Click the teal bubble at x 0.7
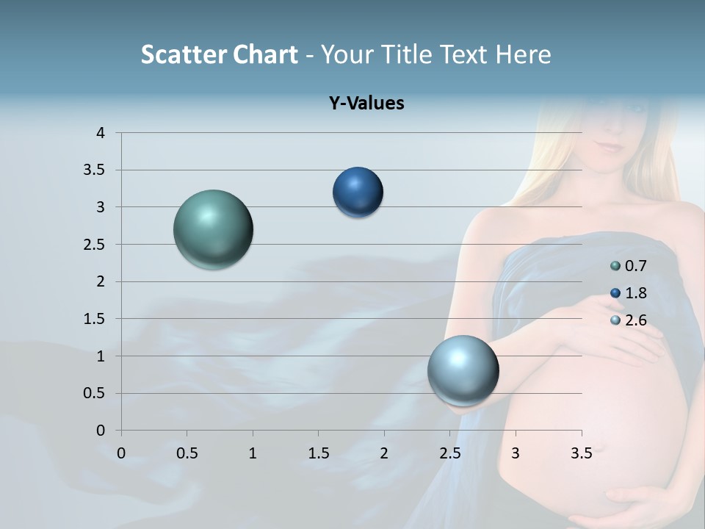pos(214,229)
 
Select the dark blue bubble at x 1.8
pos(358,192)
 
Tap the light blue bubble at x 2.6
pos(463,370)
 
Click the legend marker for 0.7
pos(615,266)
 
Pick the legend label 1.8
pos(636,293)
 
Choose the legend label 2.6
pos(636,320)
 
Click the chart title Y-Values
pos(366,104)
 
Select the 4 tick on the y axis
pos(101,133)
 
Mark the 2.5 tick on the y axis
pos(95,245)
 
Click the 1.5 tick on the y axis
pos(95,319)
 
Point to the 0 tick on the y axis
pos(101,431)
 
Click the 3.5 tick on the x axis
pos(581,453)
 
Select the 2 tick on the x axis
pos(384,453)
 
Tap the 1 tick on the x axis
pos(253,453)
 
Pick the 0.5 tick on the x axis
pos(187,453)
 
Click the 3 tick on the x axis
pos(516,453)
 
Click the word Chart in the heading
pos(266,54)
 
